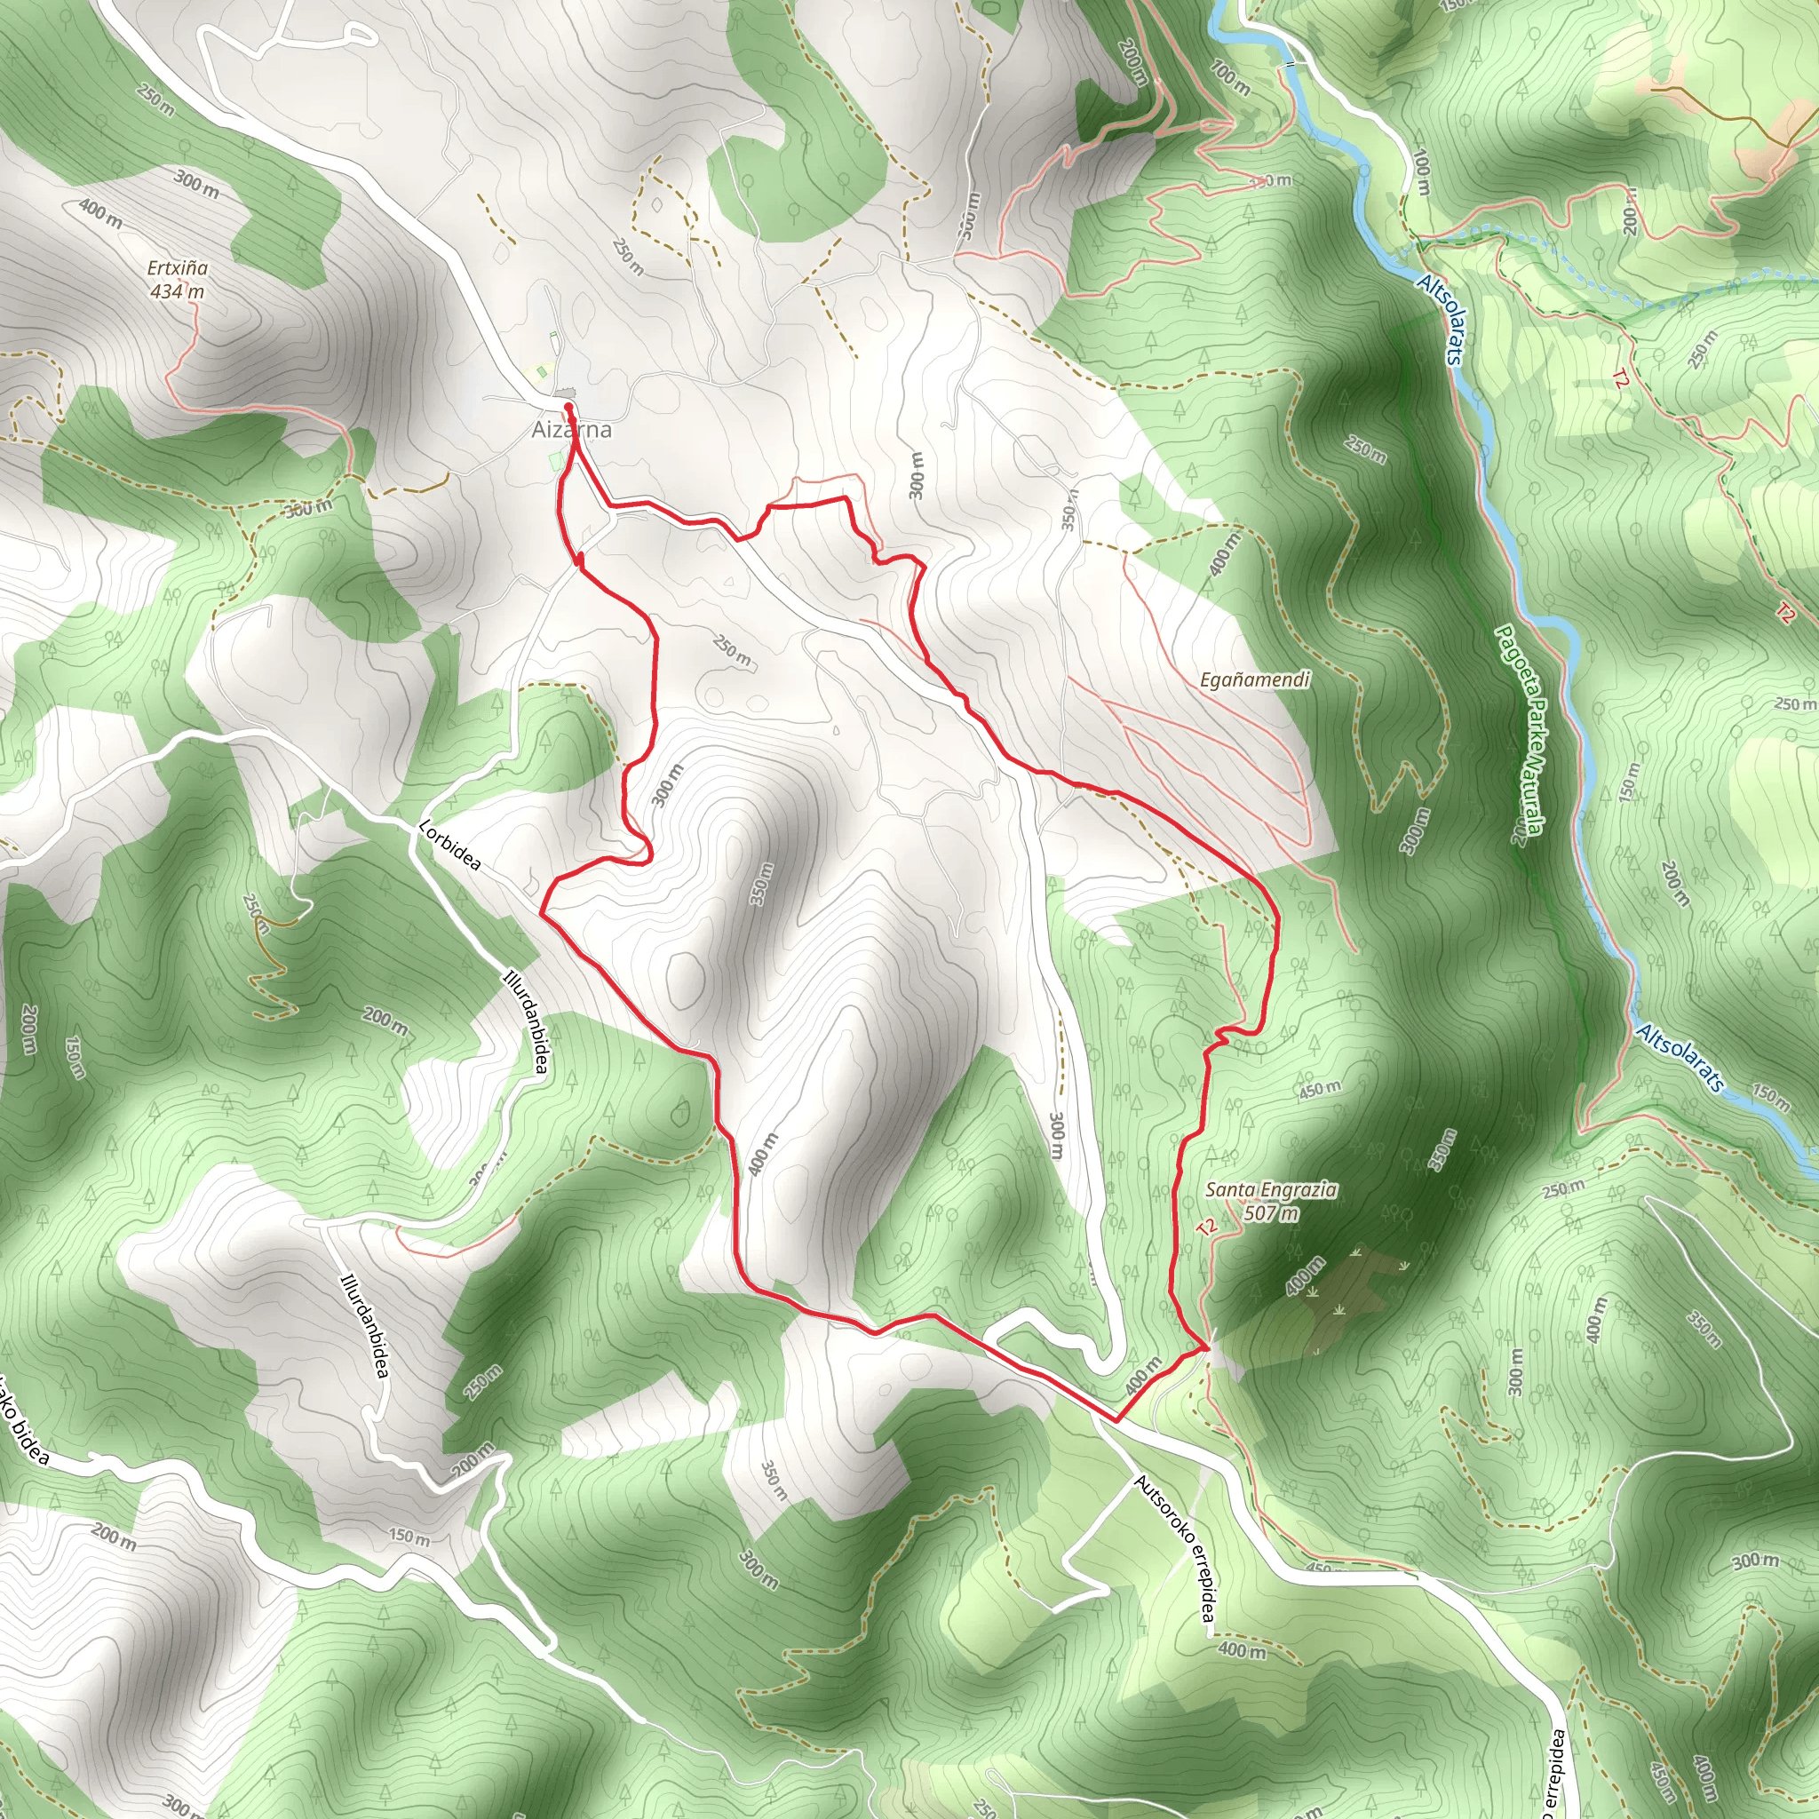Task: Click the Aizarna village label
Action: pyautogui.click(x=571, y=430)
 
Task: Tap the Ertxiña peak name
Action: pyautogui.click(x=177, y=268)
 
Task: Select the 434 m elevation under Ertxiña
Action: pyautogui.click(x=177, y=292)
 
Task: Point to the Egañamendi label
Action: pyautogui.click(x=1254, y=679)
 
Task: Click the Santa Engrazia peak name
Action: pyautogui.click(x=1270, y=1190)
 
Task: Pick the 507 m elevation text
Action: pyautogui.click(x=1270, y=1212)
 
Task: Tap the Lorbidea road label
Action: pyautogui.click(x=449, y=845)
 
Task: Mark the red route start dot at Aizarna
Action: pyautogui.click(x=568, y=407)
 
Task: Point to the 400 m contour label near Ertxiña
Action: pyautogui.click(x=99, y=214)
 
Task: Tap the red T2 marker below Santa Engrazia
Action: pyautogui.click(x=1207, y=1227)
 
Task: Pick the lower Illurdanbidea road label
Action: pyautogui.click(x=364, y=1326)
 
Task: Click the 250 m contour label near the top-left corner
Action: pyautogui.click(x=155, y=99)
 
